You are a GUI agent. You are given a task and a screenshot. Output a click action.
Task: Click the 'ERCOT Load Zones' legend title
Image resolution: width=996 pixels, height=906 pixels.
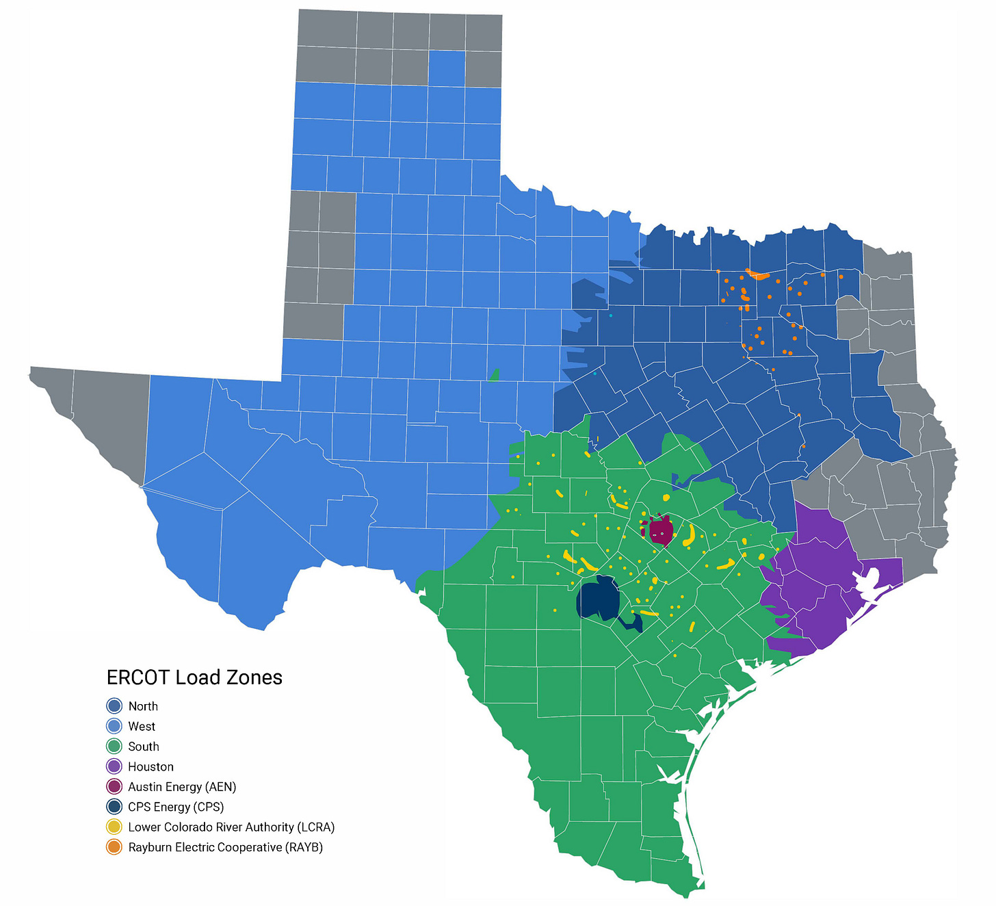tap(194, 677)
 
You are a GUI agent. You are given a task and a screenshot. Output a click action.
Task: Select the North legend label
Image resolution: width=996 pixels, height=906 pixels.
tap(143, 706)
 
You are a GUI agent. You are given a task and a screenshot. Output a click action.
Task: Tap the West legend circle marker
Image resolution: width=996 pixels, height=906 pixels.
tap(114, 726)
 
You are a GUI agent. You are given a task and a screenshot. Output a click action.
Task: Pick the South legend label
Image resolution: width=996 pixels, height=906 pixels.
tap(144, 747)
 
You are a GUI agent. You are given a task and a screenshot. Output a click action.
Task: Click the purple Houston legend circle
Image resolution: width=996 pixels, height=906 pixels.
tap(114, 766)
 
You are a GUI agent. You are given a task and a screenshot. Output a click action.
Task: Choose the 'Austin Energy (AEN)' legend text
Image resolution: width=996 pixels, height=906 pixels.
tap(182, 787)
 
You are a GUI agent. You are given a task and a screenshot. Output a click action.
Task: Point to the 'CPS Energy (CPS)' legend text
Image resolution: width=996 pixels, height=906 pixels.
tap(176, 807)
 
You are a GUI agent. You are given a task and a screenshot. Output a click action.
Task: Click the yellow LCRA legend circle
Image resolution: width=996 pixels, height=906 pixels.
tap(114, 827)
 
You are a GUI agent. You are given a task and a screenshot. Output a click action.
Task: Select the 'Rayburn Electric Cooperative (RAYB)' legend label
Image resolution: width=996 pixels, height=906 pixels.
tap(225, 847)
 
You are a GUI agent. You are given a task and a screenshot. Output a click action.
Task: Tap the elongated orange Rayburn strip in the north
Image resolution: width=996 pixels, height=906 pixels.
tap(757, 275)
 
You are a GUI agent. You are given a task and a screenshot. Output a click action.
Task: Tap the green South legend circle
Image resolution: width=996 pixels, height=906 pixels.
tap(114, 747)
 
